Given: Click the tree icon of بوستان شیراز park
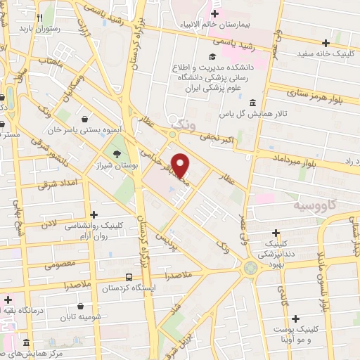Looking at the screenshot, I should [117, 153].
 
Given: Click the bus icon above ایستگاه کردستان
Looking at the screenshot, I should [129, 278].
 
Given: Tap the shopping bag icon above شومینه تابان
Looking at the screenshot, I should [84, 307].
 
